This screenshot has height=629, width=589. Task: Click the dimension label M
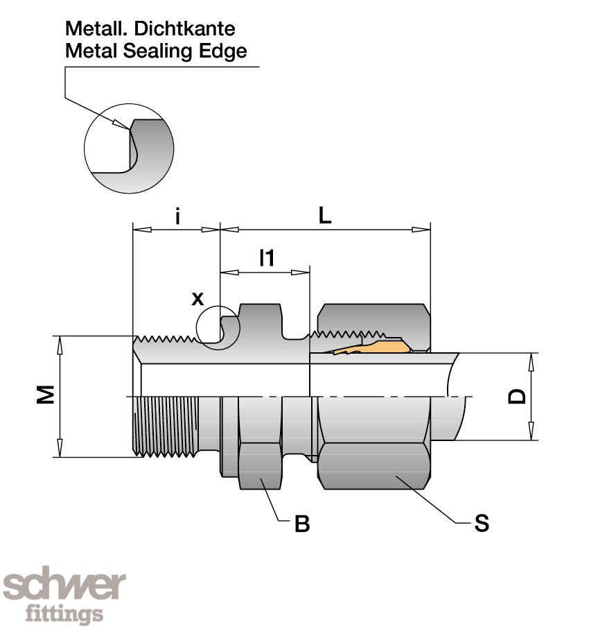tap(46, 395)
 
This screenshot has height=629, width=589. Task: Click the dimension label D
tap(517, 396)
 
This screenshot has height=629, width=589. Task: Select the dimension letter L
tap(325, 216)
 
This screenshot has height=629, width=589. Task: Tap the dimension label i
tap(177, 216)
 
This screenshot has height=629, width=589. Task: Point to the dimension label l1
tap(267, 258)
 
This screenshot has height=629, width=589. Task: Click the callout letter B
tap(301, 524)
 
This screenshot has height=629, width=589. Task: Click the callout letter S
tap(482, 524)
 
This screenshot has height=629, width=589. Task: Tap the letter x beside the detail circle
tap(197, 298)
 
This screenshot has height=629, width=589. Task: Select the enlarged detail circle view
tap(129, 148)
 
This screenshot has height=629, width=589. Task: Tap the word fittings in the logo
tap(64, 614)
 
